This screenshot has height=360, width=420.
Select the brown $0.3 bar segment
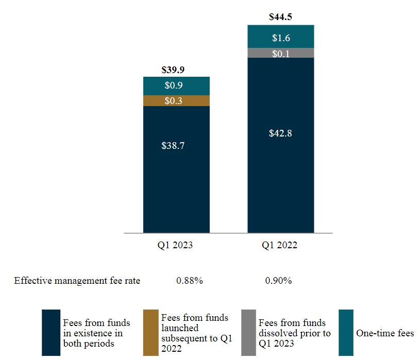177,101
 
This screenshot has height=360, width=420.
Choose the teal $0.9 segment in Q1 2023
177,85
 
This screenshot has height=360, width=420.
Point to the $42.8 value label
281,133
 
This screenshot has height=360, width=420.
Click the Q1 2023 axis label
175,246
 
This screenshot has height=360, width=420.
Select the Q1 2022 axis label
280,246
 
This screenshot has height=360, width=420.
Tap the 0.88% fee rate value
189,281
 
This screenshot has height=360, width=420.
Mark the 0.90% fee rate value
278,281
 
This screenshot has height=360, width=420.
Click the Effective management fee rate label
77,281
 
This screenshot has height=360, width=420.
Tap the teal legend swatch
346,333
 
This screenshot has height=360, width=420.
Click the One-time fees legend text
385,333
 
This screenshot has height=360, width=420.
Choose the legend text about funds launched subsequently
194,333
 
